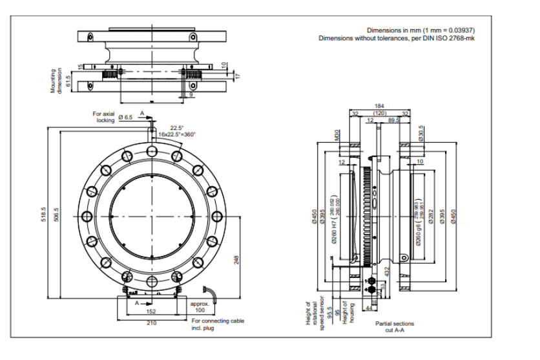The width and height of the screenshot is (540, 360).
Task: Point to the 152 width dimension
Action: [x=149, y=310]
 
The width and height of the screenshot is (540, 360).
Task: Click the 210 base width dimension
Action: [x=149, y=321]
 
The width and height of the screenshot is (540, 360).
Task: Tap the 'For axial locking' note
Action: [x=103, y=117]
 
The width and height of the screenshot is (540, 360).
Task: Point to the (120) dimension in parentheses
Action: [x=380, y=112]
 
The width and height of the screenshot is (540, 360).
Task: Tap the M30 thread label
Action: [x=337, y=135]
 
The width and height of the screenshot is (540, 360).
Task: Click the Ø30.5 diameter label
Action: [x=421, y=132]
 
